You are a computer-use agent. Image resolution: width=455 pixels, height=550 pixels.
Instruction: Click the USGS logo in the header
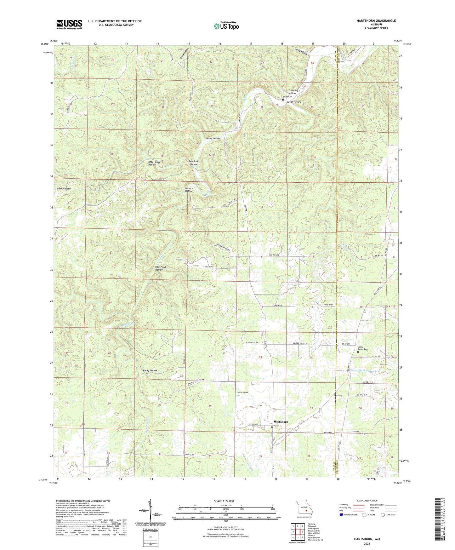tap(69, 24)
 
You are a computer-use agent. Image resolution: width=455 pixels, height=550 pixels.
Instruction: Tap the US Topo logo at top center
tap(226, 26)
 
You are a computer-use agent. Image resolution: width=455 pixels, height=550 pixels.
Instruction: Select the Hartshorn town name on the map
tap(281, 421)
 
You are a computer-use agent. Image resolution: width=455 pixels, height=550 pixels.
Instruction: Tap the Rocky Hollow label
tap(150, 370)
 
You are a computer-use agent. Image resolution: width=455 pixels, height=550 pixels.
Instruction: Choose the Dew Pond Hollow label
tap(160, 268)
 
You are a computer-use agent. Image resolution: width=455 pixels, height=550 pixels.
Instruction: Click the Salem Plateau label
tap(63, 189)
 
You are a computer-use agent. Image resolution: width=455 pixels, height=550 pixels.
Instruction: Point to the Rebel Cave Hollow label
tap(154, 163)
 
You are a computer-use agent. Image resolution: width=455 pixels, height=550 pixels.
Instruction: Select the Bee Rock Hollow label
tap(193, 163)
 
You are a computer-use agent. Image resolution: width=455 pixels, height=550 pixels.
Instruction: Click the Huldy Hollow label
tap(213, 139)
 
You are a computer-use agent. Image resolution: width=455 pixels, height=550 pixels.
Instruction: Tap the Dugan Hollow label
tap(293, 102)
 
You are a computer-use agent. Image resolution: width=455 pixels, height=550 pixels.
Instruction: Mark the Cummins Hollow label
tap(293, 92)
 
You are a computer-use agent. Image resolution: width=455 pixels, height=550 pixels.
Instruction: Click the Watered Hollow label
tap(189, 190)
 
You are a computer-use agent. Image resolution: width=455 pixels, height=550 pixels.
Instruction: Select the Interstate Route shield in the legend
tap(342, 515)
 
